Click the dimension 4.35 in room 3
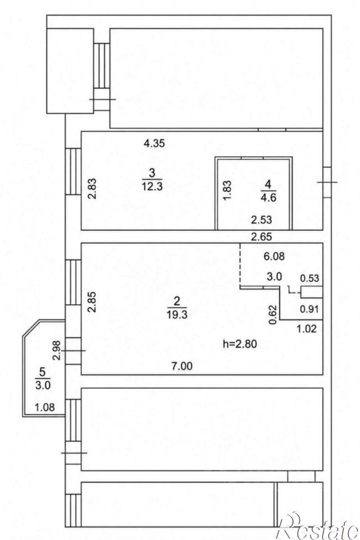pos(154,143)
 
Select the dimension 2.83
pos(92,189)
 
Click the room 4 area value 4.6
pos(268,198)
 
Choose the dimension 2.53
pos(262,219)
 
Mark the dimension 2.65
pos(262,237)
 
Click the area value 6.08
pos(274,256)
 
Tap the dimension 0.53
pos(309,278)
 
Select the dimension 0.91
pos(309,309)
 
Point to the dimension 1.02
pos(306,329)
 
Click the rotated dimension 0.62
pos(273,315)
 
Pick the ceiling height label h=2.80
pos(240,343)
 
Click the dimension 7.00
pos(182,366)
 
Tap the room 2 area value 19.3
pos(177,314)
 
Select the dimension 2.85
pos(92,302)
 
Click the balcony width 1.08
pos(44,407)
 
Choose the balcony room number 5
pos(42,371)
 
